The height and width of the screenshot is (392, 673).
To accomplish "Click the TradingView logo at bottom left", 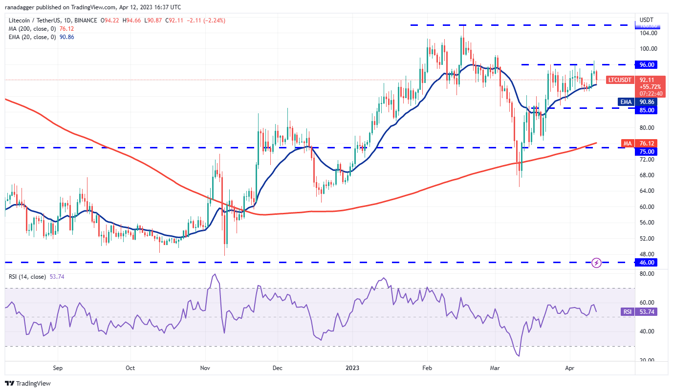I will point(28,384).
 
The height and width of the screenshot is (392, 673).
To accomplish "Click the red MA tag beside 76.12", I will point(627,143).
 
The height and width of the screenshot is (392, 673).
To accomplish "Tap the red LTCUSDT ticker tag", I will point(620,80).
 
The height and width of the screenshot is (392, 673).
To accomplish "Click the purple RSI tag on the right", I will point(627,311).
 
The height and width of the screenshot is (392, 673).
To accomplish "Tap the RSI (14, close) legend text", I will point(27,277).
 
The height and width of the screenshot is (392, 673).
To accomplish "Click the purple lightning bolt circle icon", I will point(596,263).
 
